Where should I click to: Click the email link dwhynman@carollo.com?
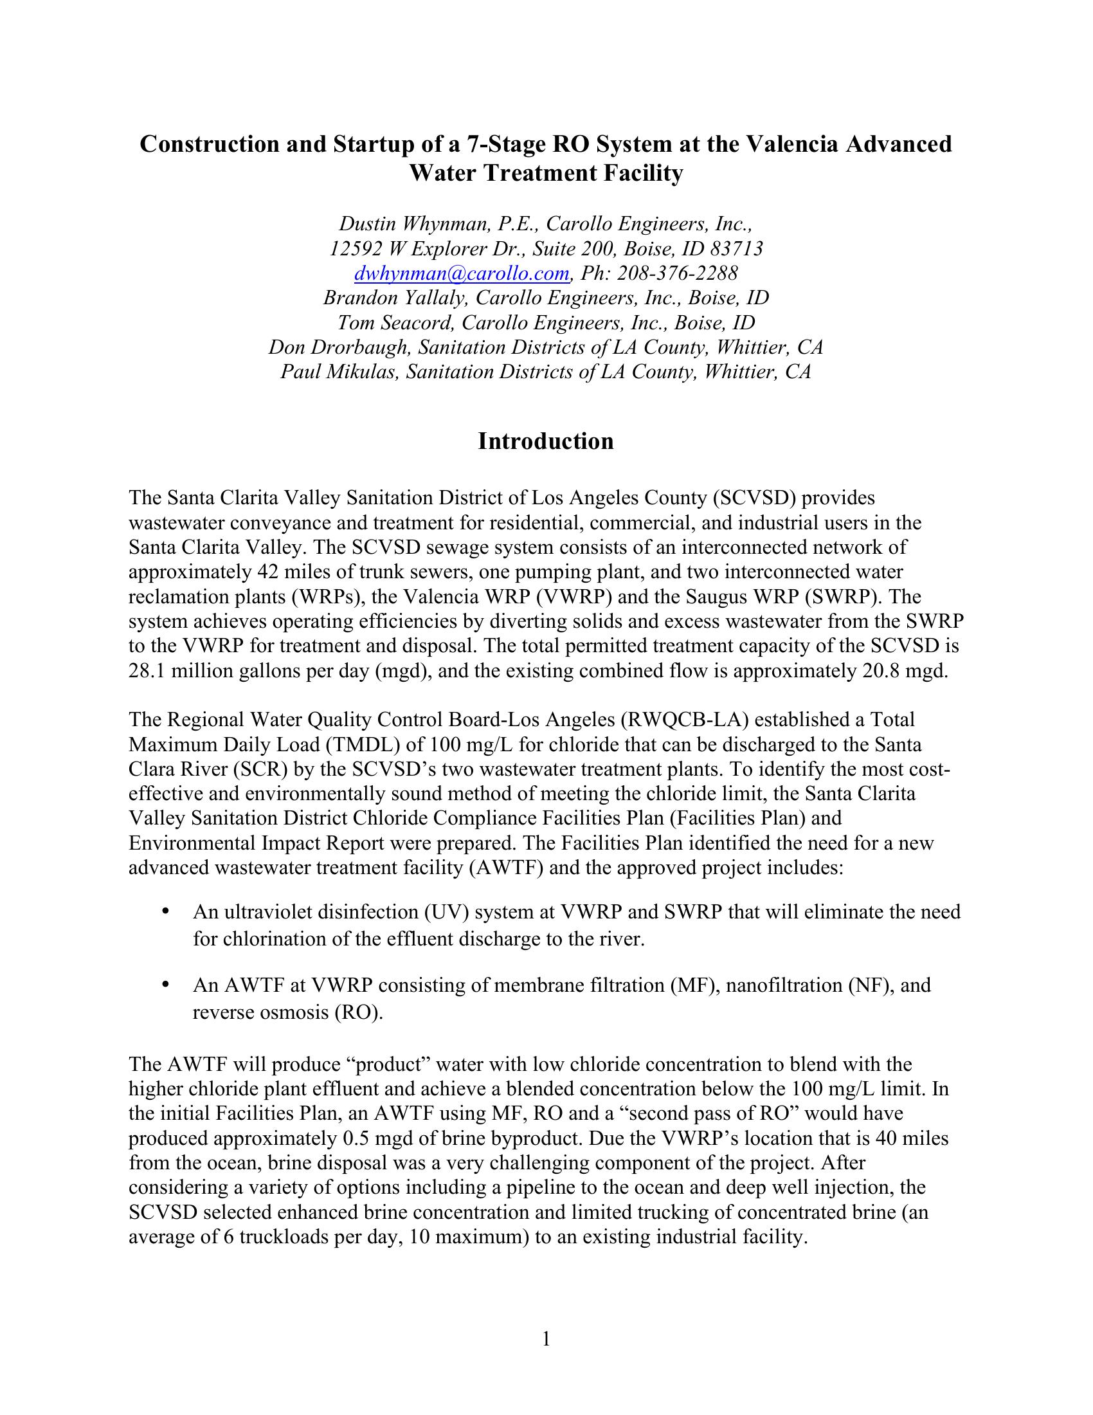point(462,274)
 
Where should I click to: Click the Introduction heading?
point(546,441)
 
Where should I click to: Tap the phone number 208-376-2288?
point(676,274)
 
